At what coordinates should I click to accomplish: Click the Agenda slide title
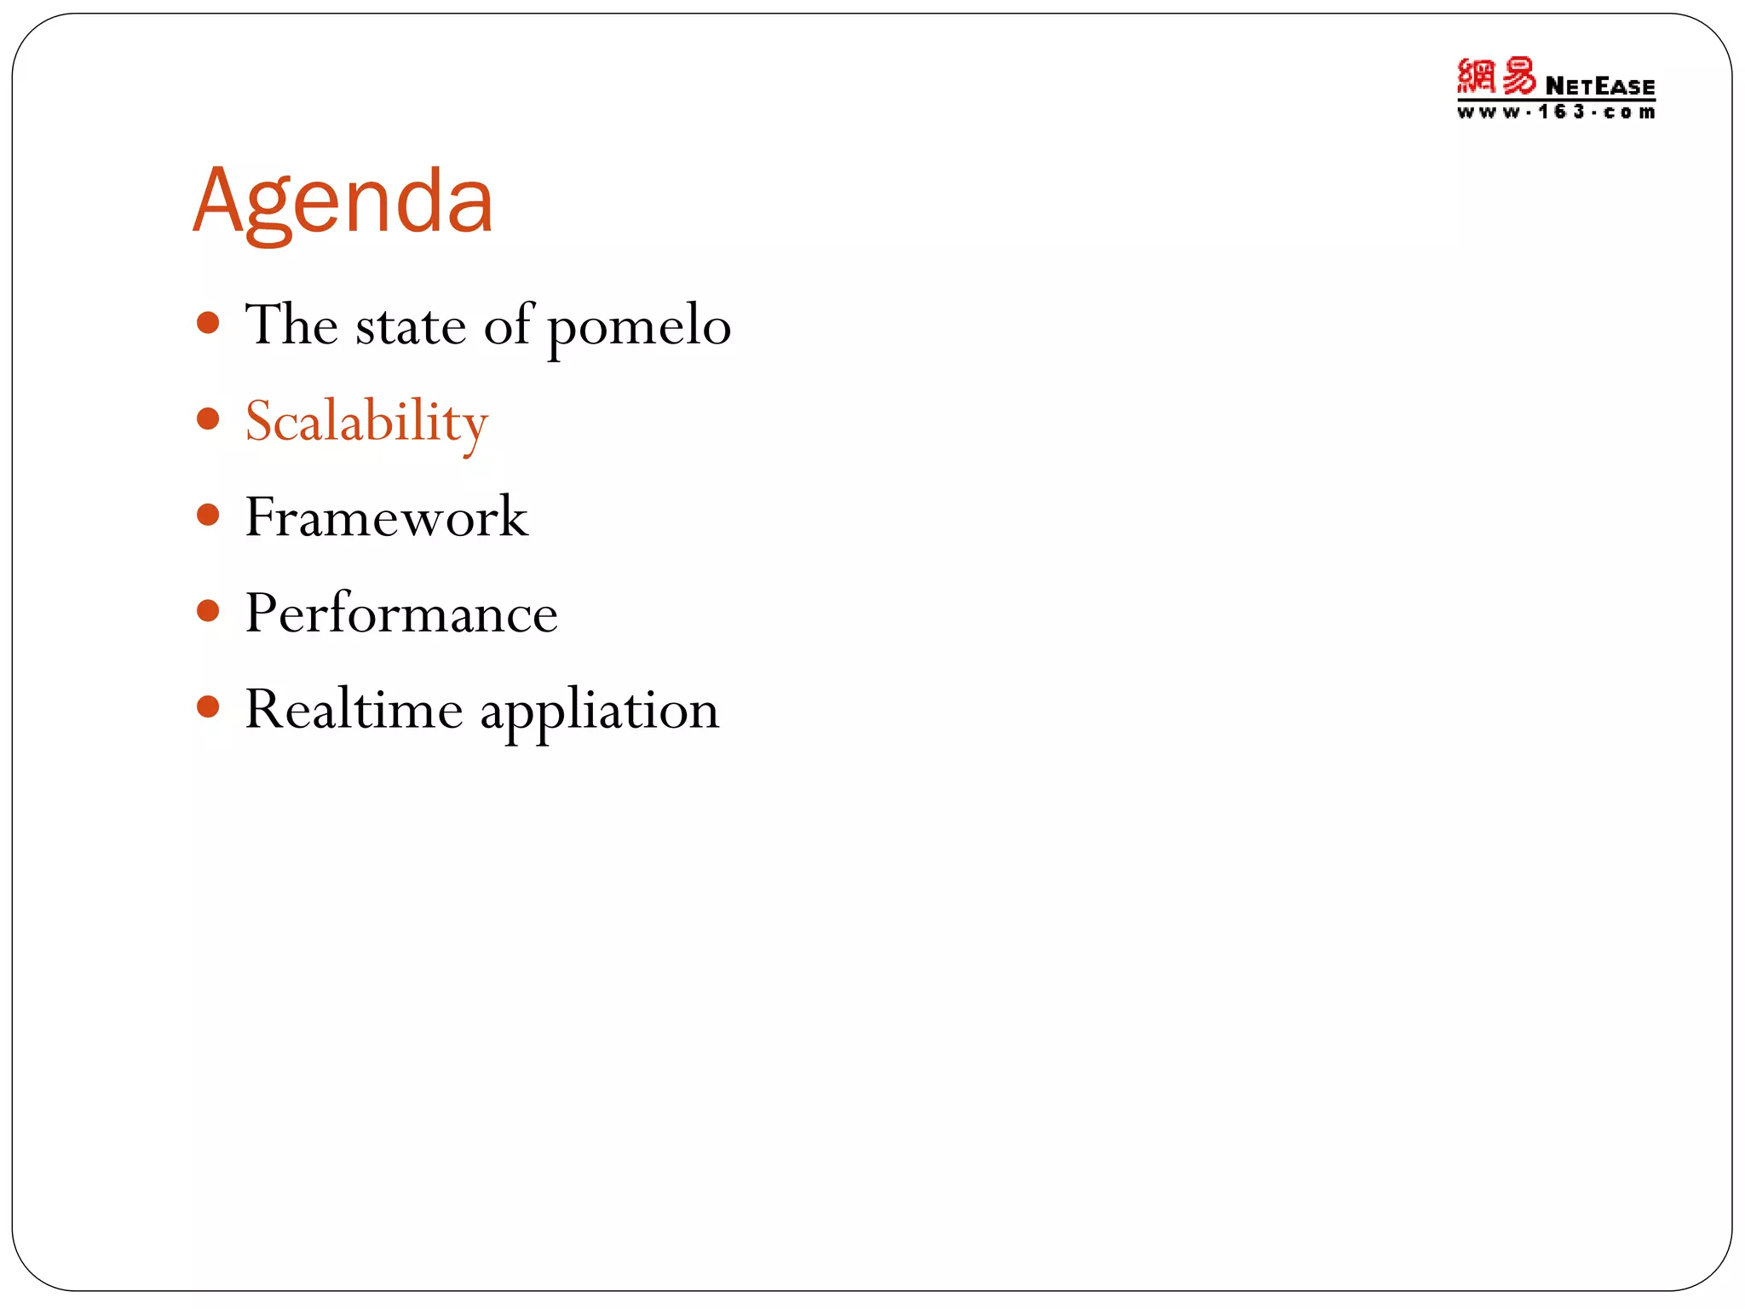(343, 203)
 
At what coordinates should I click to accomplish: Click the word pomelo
(638, 326)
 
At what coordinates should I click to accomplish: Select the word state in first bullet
(410, 326)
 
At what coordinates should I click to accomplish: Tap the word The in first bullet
(291, 325)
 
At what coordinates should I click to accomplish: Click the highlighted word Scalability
(366, 422)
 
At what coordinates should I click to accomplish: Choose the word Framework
(386, 517)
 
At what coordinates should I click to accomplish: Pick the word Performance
(401, 614)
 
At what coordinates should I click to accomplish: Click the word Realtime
(354, 709)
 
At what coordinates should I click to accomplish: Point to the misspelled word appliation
(599, 712)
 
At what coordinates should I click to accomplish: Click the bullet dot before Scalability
(208, 418)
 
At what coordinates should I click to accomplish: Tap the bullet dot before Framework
(208, 515)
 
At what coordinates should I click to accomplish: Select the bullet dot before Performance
(208, 611)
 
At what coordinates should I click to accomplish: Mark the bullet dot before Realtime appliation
(208, 706)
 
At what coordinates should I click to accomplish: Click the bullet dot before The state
(208, 323)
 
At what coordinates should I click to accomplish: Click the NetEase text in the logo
(1599, 87)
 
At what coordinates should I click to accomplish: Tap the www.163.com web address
(1556, 112)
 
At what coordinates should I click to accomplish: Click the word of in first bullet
(508, 325)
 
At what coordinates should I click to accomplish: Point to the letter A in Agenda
(219, 201)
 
